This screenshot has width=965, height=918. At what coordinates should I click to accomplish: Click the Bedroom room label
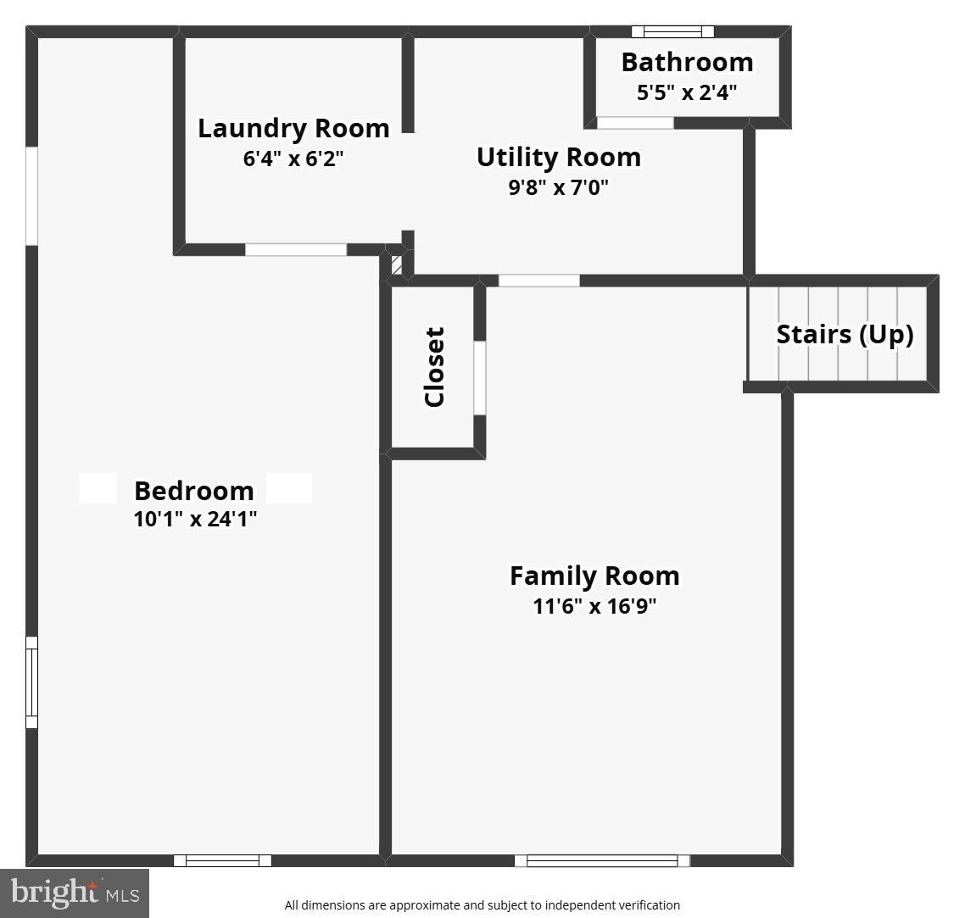(193, 491)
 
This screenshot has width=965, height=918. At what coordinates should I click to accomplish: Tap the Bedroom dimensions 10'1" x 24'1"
(195, 519)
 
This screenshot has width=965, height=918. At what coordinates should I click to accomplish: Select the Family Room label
(594, 576)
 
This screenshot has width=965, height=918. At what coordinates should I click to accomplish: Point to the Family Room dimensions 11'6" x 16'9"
(594, 606)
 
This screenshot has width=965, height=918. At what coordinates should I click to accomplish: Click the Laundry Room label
(293, 129)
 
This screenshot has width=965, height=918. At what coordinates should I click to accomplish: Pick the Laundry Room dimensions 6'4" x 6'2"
(293, 159)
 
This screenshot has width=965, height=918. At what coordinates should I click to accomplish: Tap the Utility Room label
(558, 158)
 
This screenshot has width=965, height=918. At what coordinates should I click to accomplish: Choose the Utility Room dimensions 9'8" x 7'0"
(558, 187)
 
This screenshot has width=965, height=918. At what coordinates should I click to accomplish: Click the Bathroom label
(687, 63)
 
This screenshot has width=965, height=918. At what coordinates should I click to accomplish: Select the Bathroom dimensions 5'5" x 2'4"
(687, 92)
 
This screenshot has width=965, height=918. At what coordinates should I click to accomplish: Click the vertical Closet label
(434, 367)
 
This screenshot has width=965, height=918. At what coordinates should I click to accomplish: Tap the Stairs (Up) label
(845, 335)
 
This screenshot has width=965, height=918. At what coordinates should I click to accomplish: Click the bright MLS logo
(75, 893)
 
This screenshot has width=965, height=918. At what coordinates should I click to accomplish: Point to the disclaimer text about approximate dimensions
(482, 905)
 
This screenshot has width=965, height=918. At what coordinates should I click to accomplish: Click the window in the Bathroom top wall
(672, 32)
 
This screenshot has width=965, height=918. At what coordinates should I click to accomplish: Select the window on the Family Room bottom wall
(602, 860)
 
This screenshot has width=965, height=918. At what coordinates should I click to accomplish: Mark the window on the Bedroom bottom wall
(222, 860)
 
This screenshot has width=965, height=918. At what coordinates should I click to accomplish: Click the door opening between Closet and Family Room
(479, 378)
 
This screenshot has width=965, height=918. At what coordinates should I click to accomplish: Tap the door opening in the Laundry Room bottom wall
(296, 250)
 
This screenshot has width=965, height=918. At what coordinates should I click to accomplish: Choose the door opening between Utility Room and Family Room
(538, 281)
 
